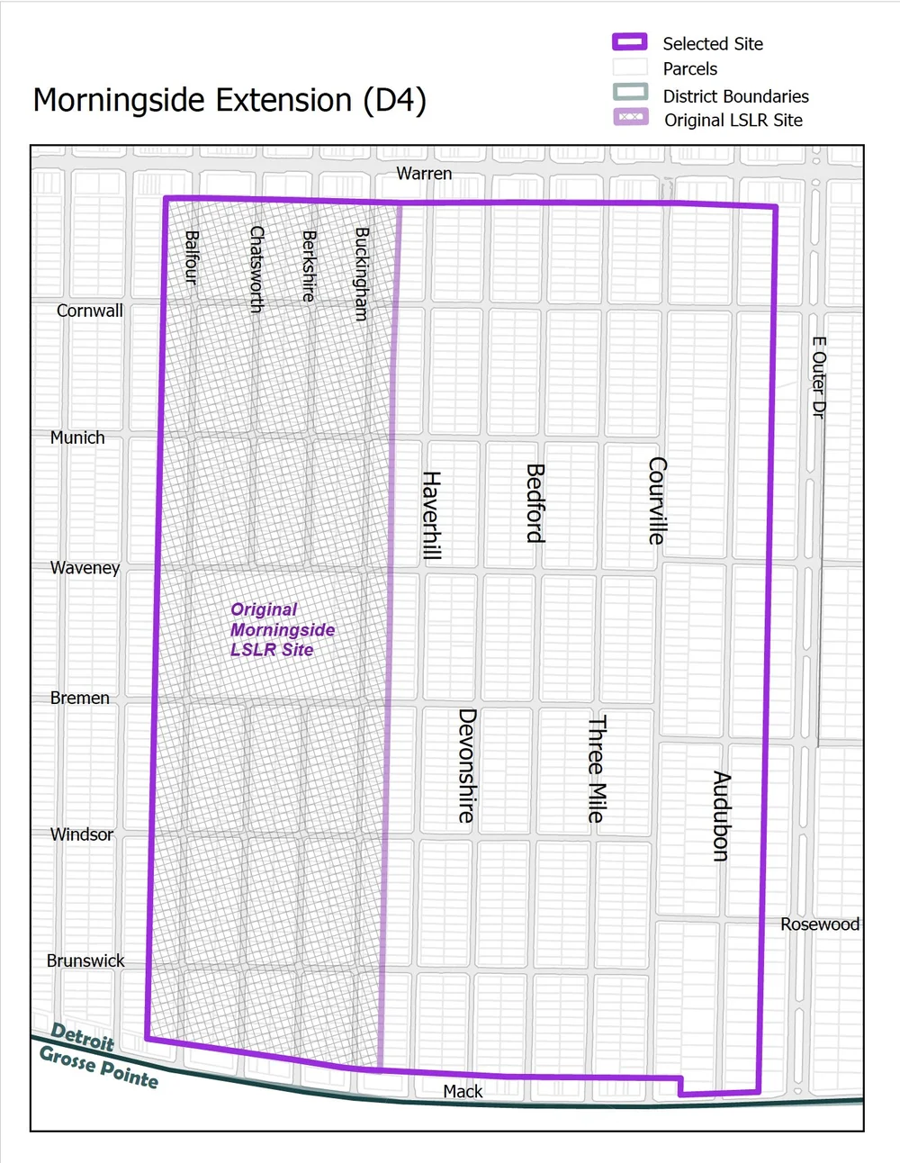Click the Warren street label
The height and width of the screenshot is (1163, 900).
(x=424, y=173)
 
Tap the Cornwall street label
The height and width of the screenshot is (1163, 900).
(x=89, y=311)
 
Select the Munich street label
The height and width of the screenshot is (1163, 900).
(x=77, y=437)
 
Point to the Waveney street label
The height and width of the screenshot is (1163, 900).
(x=85, y=567)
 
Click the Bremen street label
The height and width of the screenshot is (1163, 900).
(x=80, y=698)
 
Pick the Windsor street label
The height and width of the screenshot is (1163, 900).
(x=82, y=834)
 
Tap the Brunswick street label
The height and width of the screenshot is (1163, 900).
(x=85, y=960)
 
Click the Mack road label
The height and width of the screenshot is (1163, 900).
(x=463, y=1091)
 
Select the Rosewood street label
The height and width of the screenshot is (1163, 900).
(x=819, y=924)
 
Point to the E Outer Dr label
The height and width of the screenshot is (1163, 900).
(x=818, y=377)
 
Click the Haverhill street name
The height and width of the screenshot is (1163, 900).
(x=432, y=515)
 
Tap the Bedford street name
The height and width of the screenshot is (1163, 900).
(x=535, y=503)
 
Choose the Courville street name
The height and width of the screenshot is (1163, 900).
(x=657, y=500)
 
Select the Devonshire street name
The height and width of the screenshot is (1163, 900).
(x=466, y=765)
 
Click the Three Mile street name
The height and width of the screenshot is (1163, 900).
(x=596, y=769)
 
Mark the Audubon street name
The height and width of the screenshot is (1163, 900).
(x=721, y=816)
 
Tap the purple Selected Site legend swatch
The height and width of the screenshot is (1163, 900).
(x=630, y=42)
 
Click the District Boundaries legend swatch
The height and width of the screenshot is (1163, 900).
(x=630, y=92)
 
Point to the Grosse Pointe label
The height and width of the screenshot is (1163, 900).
(x=99, y=1067)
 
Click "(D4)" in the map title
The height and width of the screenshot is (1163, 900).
(x=394, y=100)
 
